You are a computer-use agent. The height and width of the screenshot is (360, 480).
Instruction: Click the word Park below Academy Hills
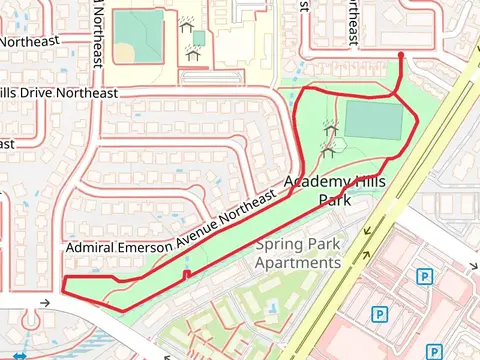tap(334, 200)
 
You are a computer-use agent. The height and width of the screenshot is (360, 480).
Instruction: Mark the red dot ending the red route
tap(401, 55)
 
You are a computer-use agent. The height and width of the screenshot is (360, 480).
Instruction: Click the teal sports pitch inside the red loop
tap(373, 120)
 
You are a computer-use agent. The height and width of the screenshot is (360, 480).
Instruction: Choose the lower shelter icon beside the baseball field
tap(193, 55)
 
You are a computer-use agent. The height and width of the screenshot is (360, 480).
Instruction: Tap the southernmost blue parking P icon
tap(434, 351)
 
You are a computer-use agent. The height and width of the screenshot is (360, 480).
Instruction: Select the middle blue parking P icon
tap(379, 314)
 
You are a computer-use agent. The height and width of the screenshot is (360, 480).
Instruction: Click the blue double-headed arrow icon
tap(18, 355)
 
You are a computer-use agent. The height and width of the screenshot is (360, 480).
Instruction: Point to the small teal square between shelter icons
tap(198, 38)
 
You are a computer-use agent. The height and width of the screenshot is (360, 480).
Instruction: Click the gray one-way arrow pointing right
tap(44, 302)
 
